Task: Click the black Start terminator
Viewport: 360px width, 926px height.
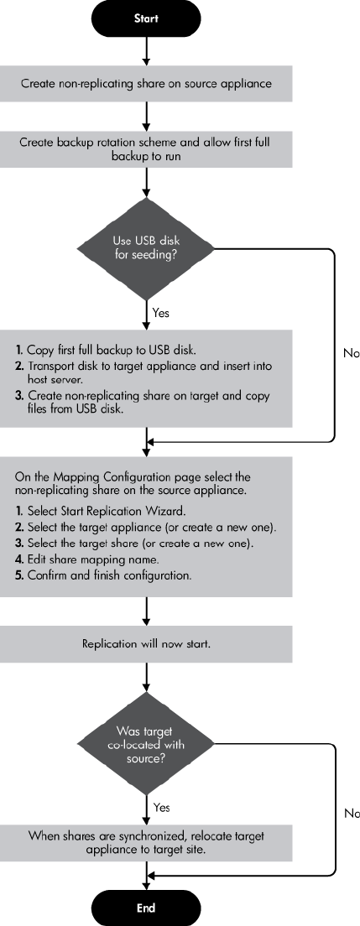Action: (146, 18)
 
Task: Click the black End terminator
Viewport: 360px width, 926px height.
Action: (146, 908)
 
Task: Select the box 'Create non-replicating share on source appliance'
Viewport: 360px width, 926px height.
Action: (146, 83)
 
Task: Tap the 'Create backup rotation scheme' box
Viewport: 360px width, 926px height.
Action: (146, 149)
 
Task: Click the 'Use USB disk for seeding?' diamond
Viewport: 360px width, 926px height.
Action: (146, 248)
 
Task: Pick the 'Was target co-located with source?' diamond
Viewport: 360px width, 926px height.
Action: (146, 743)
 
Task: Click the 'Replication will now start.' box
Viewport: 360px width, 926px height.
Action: (146, 643)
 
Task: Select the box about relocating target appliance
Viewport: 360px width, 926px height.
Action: (146, 843)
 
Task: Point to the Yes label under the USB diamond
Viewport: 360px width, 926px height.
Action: (161, 312)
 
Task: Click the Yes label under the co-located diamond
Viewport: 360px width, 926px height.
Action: (161, 807)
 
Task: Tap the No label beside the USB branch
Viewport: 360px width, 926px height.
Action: (351, 353)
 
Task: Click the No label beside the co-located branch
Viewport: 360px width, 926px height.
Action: (352, 814)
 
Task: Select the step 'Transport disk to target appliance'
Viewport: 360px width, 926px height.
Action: (143, 372)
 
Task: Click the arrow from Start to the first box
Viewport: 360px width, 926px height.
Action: (146, 51)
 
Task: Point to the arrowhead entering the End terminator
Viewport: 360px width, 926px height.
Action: (146, 885)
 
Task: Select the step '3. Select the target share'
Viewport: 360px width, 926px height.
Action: (134, 544)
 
